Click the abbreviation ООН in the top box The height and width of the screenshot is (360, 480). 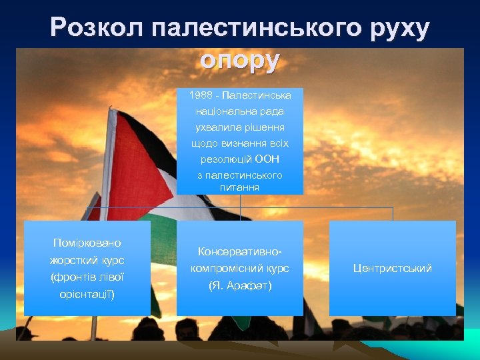pyautogui.click(x=268, y=159)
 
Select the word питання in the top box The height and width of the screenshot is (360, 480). pyautogui.click(x=239, y=188)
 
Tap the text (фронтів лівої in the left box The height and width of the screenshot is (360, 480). pyautogui.click(x=87, y=277)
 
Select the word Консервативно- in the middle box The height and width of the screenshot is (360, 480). pyautogui.click(x=239, y=251)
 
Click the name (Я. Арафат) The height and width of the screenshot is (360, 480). pyautogui.click(x=239, y=285)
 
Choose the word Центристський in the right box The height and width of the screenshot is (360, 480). pyautogui.click(x=393, y=268)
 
